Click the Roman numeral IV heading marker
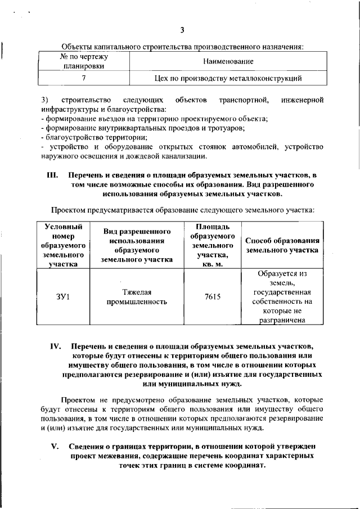(x=55, y=346)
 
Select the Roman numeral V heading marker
(x=55, y=447)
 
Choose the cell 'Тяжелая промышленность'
(x=137, y=296)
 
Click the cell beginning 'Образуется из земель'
(x=282, y=296)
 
